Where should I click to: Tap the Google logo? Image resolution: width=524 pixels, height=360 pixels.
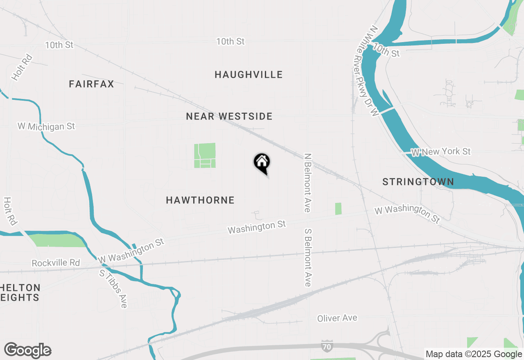click(x=27, y=351)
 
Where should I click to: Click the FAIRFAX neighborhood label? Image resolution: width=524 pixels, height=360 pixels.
click(x=91, y=84)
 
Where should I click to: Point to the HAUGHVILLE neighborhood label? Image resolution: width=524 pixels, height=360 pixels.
click(x=248, y=74)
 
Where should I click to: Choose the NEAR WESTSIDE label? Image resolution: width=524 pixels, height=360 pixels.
click(x=229, y=117)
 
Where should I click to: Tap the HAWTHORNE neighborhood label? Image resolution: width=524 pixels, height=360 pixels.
click(x=200, y=200)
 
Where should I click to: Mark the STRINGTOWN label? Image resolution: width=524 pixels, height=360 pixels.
click(x=418, y=182)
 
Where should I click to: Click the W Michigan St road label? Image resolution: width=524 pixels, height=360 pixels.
click(x=46, y=126)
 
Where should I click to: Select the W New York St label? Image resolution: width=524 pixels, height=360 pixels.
click(x=441, y=152)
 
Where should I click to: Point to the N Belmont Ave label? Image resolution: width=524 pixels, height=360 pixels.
click(x=307, y=182)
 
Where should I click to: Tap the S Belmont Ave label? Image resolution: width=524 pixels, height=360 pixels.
click(x=308, y=257)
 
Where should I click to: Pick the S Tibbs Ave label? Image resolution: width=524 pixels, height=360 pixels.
click(x=113, y=288)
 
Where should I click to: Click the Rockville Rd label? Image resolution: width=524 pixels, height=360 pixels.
click(x=56, y=263)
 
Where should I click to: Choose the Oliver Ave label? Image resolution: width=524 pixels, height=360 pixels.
click(x=337, y=318)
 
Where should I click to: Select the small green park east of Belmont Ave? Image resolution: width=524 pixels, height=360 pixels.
click(x=338, y=209)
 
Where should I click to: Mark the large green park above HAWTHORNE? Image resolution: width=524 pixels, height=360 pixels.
click(x=205, y=155)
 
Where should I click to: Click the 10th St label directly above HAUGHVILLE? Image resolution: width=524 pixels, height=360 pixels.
click(x=230, y=41)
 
